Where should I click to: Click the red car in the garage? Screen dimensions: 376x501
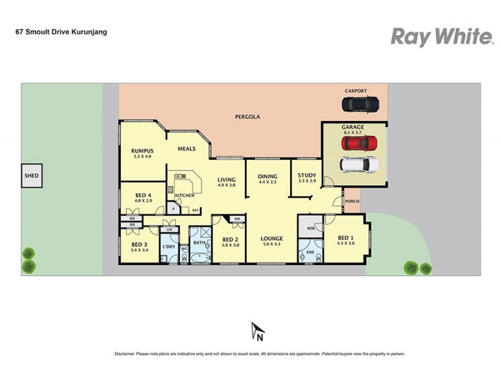coord(359,144)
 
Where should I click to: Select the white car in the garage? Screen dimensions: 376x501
coord(359,165)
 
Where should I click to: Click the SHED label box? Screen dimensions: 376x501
coord(31,176)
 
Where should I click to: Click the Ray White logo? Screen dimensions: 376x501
coord(442,37)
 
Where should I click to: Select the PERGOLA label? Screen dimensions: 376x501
coord(247,117)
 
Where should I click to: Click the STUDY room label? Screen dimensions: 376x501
coord(307,176)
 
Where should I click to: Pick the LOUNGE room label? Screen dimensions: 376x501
coord(272,238)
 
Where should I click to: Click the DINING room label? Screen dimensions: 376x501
coord(267,177)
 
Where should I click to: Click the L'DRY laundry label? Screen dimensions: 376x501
coord(168,246)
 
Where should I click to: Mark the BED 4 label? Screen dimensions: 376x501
coord(143,196)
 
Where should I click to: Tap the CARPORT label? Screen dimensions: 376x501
coord(356,91)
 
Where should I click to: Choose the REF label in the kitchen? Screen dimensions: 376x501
coord(195,210)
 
